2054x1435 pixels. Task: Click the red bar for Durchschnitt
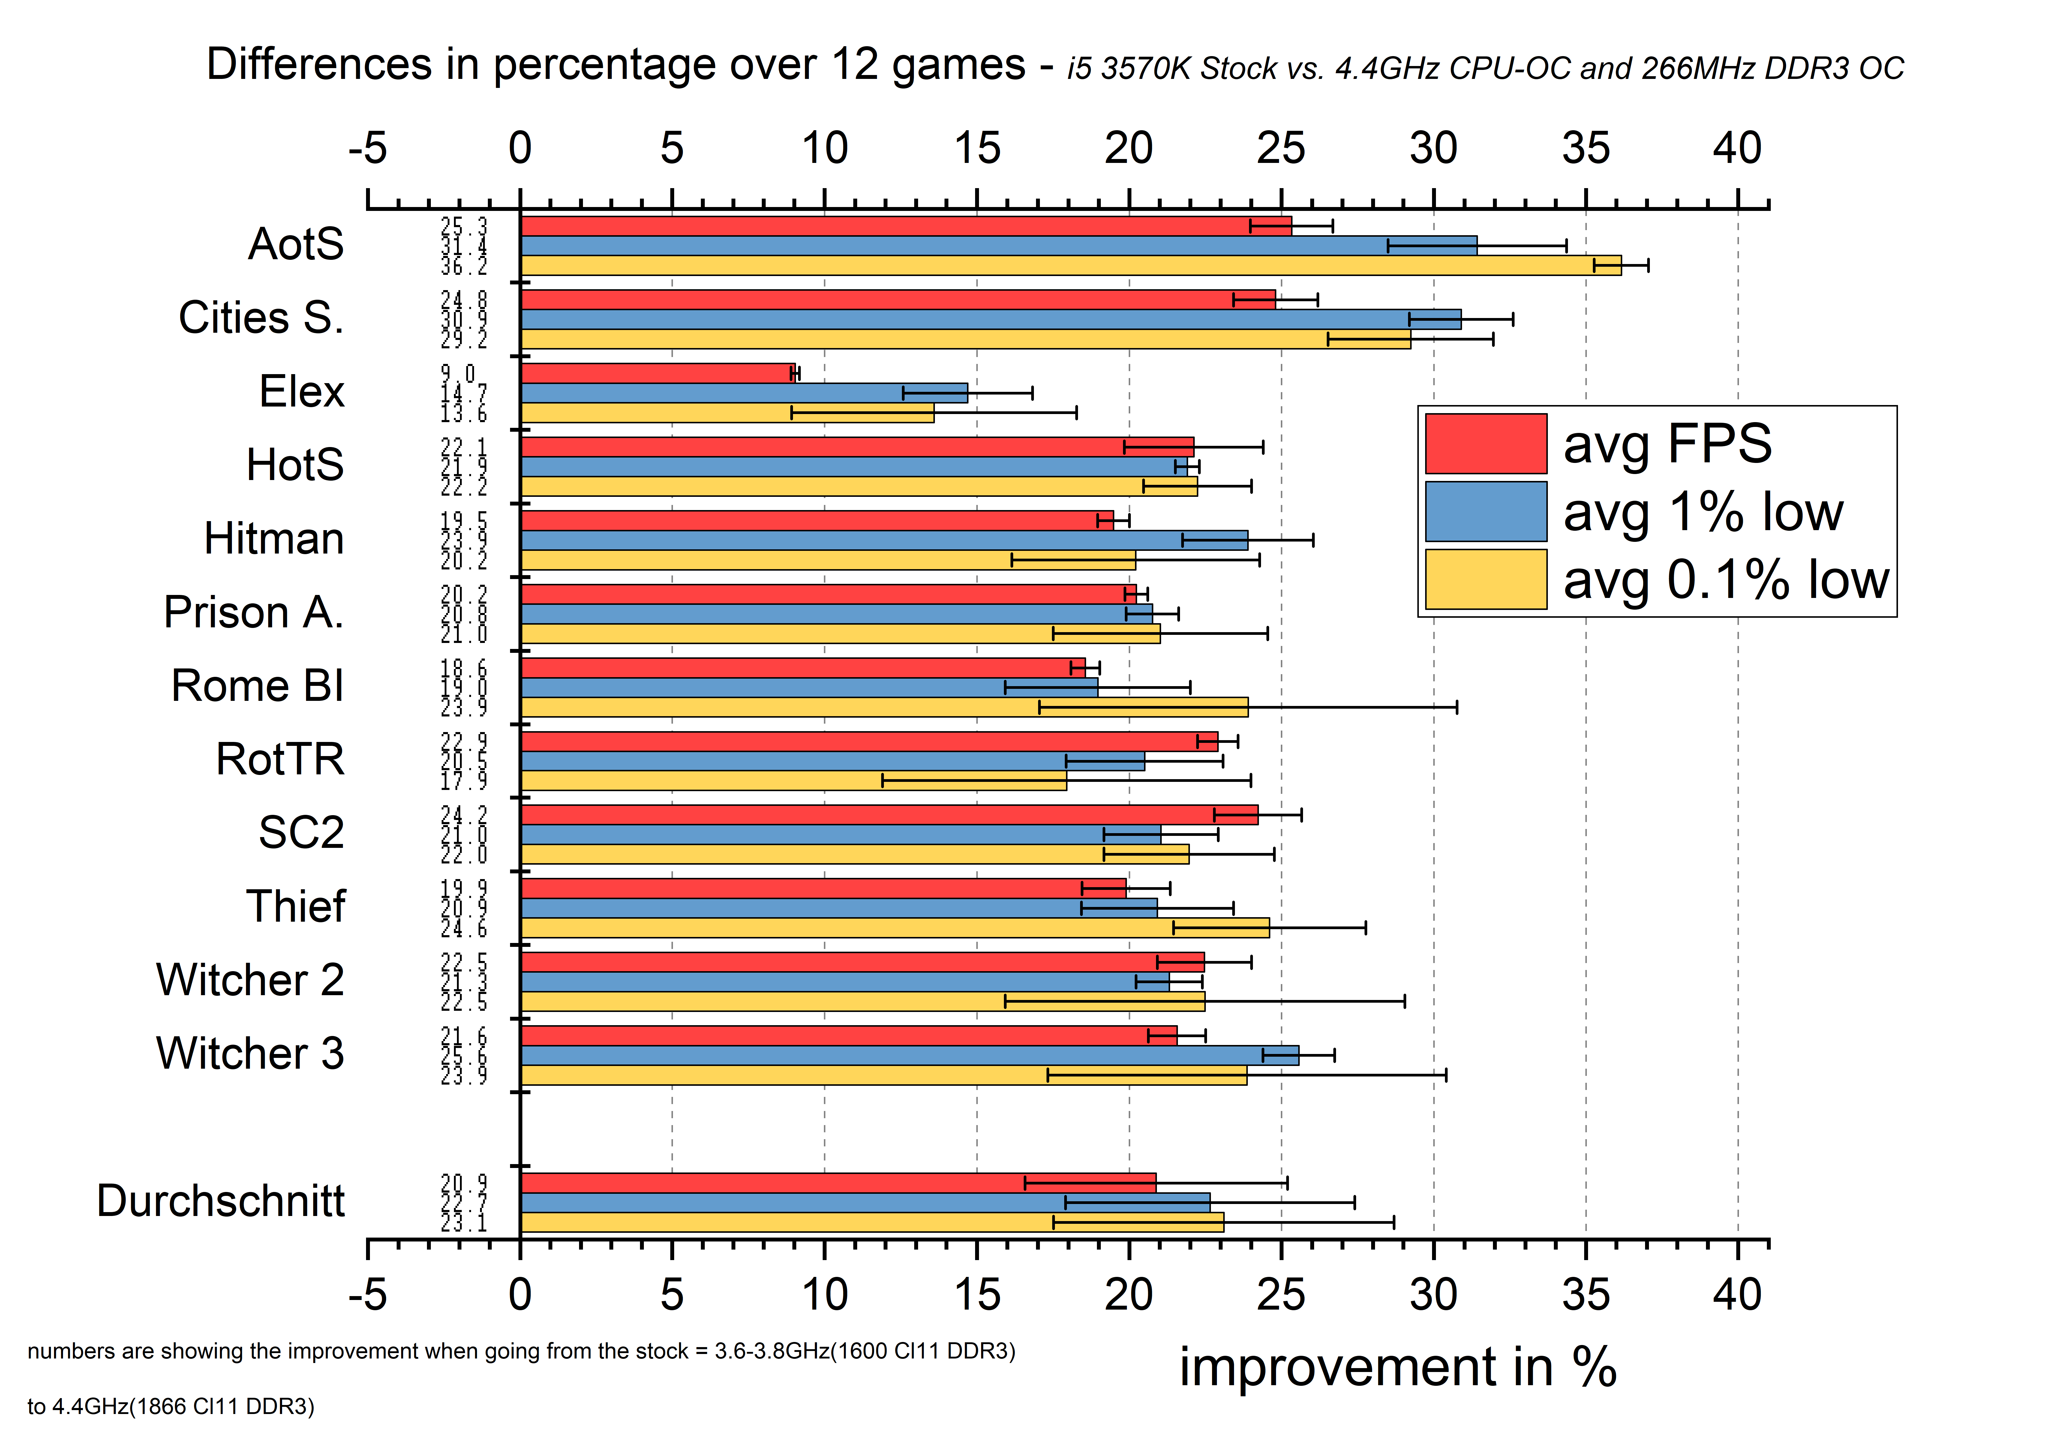click(837, 1183)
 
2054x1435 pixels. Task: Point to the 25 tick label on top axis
click(1281, 149)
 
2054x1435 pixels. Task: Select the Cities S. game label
click(261, 318)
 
